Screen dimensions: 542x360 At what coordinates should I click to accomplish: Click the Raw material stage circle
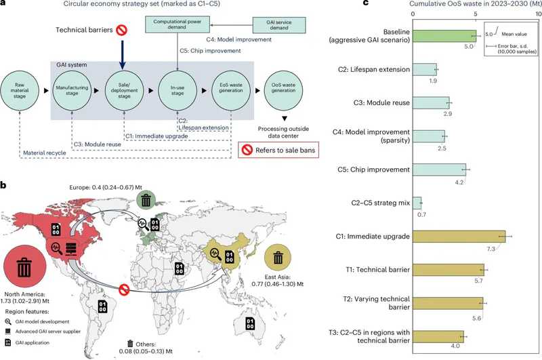click(20, 91)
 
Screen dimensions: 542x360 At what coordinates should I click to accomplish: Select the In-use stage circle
click(178, 91)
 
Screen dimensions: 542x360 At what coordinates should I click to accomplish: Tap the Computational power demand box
click(178, 24)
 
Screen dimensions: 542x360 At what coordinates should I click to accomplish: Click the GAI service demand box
click(279, 25)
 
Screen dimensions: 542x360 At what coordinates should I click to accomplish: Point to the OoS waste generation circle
click(283, 91)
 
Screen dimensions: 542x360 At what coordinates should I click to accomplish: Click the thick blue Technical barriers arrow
click(122, 55)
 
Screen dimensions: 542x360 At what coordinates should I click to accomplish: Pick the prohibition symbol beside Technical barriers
click(121, 30)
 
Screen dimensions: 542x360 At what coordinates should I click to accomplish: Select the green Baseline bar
click(444, 36)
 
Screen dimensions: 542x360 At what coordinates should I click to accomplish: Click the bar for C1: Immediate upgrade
click(459, 237)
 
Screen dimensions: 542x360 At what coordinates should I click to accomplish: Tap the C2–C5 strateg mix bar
click(417, 203)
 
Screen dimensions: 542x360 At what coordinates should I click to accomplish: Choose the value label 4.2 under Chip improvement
click(459, 182)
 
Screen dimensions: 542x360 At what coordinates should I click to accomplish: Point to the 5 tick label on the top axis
click(476, 14)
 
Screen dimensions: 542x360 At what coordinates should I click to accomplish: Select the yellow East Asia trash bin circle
click(278, 258)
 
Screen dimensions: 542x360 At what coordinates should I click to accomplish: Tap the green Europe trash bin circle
click(146, 200)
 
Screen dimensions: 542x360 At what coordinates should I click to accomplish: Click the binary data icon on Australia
click(250, 323)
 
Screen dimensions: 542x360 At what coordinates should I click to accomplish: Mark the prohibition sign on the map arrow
click(124, 289)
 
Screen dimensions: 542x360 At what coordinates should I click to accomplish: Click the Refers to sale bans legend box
click(278, 150)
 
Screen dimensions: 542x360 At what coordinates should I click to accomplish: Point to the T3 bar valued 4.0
click(438, 336)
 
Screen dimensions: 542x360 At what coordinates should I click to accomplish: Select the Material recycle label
click(45, 153)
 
